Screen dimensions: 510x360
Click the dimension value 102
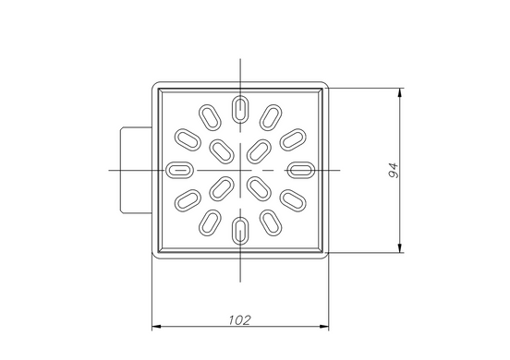click(x=239, y=320)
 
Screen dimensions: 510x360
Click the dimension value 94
click(x=394, y=170)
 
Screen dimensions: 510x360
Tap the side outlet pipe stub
click(x=137, y=170)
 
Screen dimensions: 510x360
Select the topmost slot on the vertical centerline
click(x=240, y=110)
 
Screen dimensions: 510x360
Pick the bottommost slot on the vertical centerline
click(x=240, y=231)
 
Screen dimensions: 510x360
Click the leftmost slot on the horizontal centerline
click(x=180, y=170)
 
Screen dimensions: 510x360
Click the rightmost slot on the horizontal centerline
click(x=301, y=170)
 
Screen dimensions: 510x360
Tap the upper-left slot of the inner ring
click(x=222, y=151)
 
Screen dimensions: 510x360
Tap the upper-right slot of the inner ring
click(x=259, y=151)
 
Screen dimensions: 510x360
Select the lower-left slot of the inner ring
click(x=222, y=189)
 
